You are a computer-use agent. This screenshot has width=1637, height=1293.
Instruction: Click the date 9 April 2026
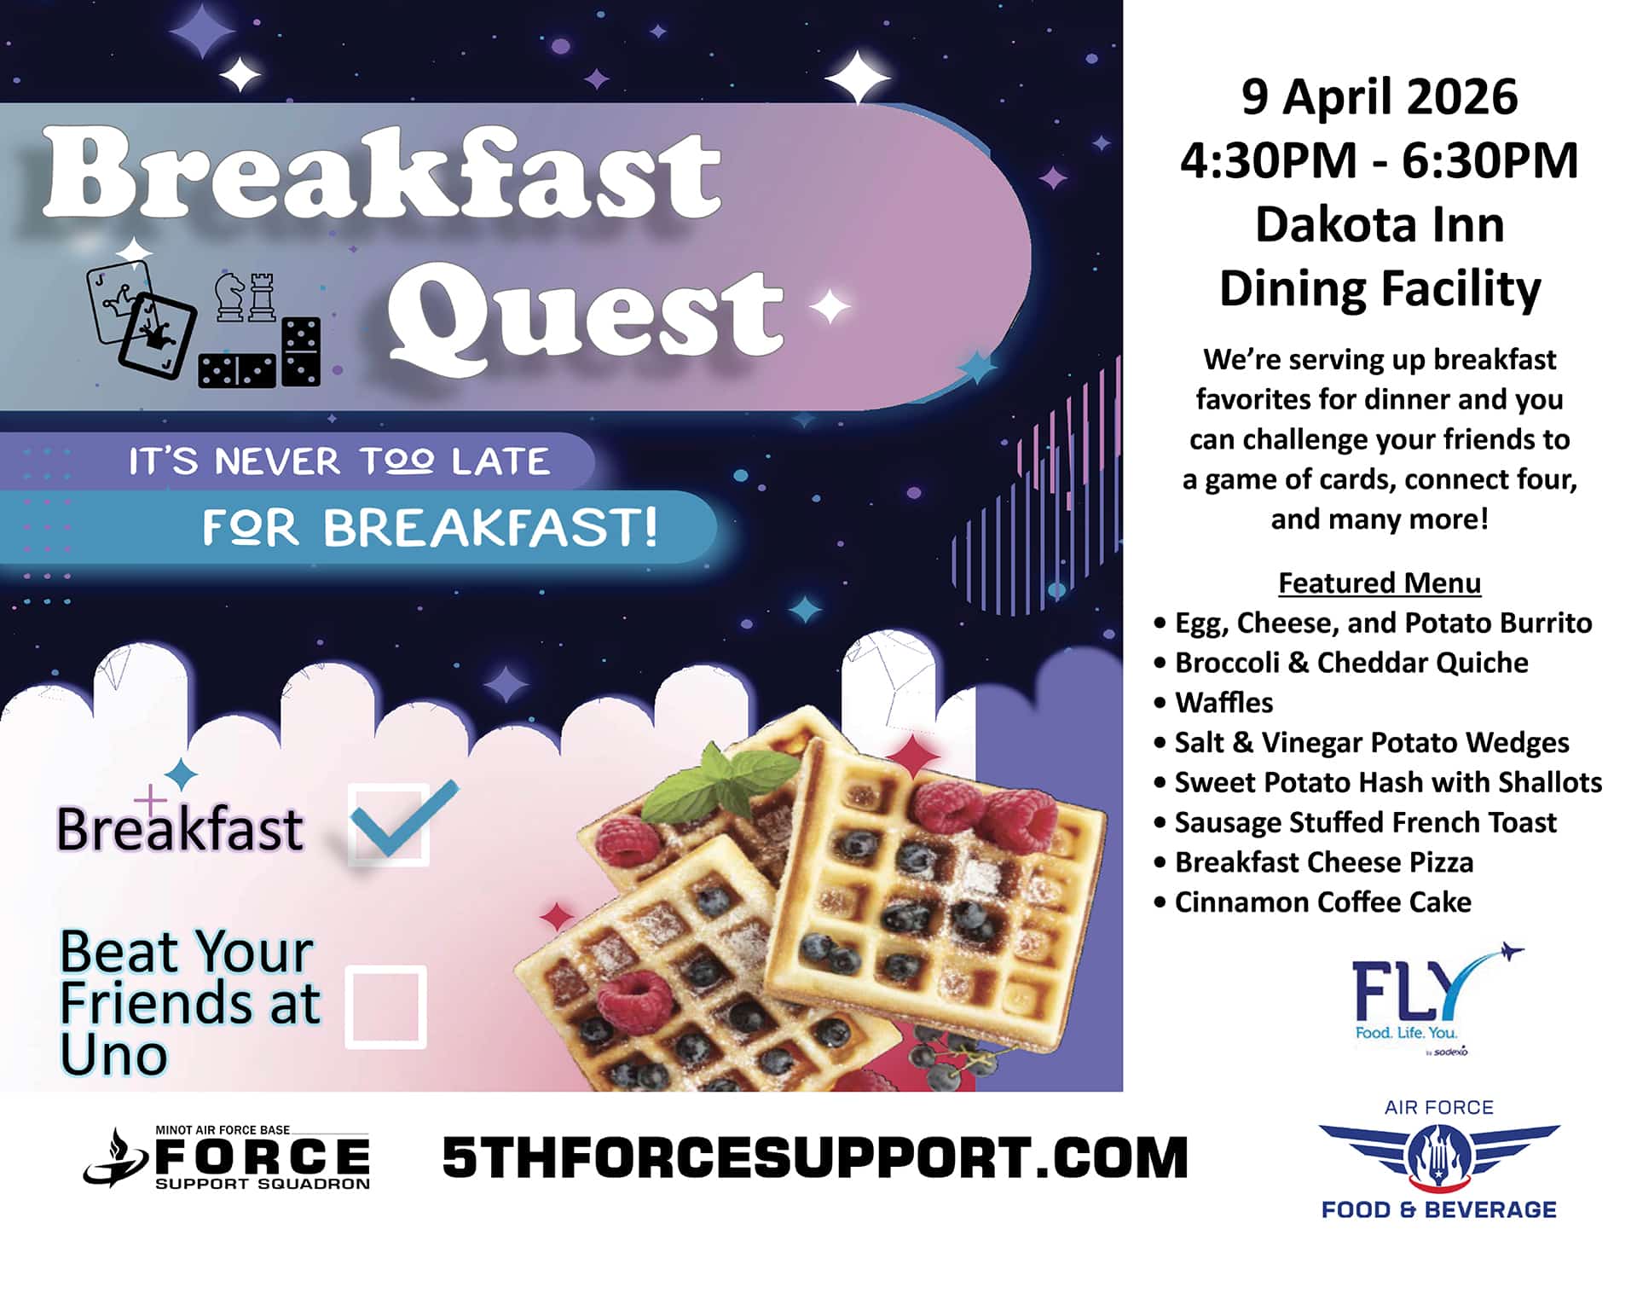pyautogui.click(x=1379, y=96)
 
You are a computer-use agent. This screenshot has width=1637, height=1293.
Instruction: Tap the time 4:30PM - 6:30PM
pyautogui.click(x=1379, y=160)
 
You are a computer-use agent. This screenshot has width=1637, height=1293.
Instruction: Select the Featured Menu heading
pyautogui.click(x=1380, y=583)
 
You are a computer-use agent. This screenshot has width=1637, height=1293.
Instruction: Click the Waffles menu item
pyautogui.click(x=1223, y=703)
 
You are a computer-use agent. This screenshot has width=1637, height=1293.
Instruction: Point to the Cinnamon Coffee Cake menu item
pyautogui.click(x=1322, y=902)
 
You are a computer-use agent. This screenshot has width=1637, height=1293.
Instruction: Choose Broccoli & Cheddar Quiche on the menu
pyautogui.click(x=1351, y=663)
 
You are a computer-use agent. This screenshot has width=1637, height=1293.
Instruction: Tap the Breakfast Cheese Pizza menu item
pyautogui.click(x=1324, y=862)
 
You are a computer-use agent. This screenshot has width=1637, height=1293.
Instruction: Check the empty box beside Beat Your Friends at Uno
pyautogui.click(x=386, y=1006)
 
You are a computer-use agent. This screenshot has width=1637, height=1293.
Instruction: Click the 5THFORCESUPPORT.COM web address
pyautogui.click(x=815, y=1158)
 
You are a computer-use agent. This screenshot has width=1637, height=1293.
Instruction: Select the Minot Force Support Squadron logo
pyautogui.click(x=228, y=1157)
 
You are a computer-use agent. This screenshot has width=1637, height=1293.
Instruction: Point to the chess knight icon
pyautogui.click(x=228, y=297)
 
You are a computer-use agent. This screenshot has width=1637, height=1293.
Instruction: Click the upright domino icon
pyautogui.click(x=301, y=351)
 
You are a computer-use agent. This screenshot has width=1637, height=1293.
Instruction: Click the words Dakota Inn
pyautogui.click(x=1380, y=224)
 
